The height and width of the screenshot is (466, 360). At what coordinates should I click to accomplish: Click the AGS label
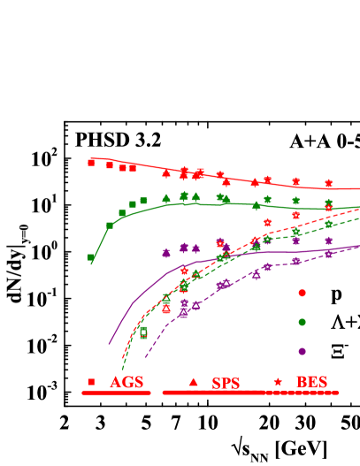126,383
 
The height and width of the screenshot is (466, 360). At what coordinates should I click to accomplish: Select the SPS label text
226,383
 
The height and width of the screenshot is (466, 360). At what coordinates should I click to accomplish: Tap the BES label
311,383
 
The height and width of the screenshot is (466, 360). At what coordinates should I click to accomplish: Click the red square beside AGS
91,382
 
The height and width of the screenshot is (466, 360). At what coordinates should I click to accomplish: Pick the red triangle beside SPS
194,382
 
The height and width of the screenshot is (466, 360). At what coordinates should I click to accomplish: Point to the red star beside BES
279,382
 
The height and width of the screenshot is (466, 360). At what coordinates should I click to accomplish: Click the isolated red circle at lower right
302,293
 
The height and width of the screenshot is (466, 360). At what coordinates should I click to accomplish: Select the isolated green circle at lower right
302,322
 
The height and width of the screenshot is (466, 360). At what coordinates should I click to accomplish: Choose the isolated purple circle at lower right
302,351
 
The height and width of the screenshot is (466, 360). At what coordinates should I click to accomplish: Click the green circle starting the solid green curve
90,257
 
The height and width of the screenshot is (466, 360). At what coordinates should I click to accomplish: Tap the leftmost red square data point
91,162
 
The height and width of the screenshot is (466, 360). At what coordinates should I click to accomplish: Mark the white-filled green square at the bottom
143,333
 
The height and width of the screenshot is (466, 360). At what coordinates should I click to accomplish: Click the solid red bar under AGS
116,393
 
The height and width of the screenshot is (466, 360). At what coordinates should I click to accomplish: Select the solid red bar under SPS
212,393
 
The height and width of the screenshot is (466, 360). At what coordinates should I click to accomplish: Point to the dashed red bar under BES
301,393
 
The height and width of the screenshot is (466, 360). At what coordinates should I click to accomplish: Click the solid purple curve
133,304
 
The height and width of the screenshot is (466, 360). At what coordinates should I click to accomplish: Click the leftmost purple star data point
165,253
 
